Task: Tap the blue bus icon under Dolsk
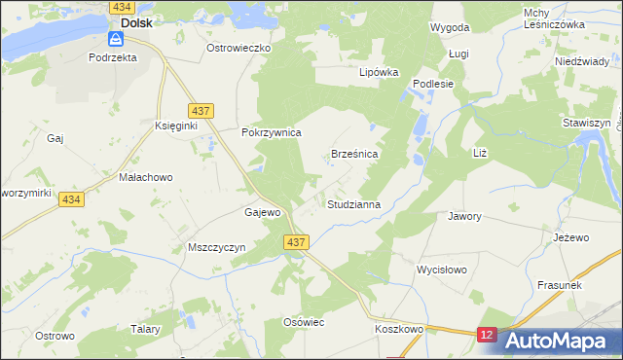[116, 39]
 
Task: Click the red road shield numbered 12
[488, 335]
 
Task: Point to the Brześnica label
[354, 154]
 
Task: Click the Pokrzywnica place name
[272, 132]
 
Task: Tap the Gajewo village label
[263, 212]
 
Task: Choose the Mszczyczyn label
[215, 248]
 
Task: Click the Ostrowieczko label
[238, 47]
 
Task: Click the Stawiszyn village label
[587, 125]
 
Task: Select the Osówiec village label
[302, 322]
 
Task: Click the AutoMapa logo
[554, 341]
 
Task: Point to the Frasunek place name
[559, 285]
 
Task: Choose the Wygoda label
[451, 28]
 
